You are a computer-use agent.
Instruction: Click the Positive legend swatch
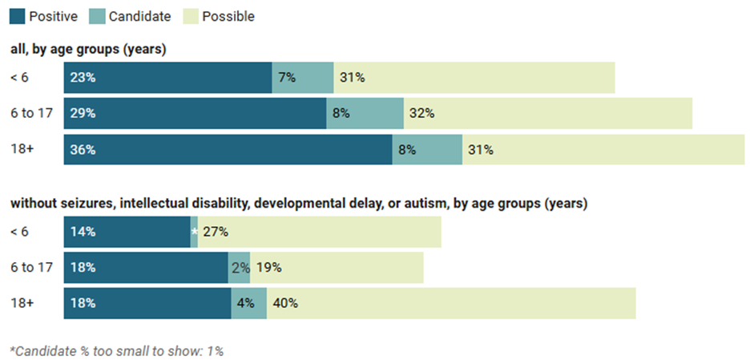[x=18, y=16]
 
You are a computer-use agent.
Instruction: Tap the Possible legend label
[x=228, y=16]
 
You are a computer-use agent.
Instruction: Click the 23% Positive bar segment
[x=167, y=78]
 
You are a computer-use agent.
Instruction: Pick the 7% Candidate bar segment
[x=303, y=78]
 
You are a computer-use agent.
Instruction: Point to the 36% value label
[x=83, y=150]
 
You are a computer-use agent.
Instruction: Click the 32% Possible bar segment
[x=548, y=114]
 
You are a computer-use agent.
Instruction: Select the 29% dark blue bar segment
[x=195, y=114]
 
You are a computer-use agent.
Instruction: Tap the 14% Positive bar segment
[x=127, y=232]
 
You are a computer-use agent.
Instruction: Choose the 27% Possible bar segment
[x=319, y=232]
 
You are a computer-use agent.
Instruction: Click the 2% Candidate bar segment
[x=240, y=268]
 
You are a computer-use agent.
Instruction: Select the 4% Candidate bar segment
[x=248, y=303]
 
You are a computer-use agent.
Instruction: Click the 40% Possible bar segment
[x=451, y=303]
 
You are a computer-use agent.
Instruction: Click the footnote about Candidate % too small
[x=116, y=350]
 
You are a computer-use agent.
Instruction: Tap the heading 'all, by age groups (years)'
[x=88, y=50]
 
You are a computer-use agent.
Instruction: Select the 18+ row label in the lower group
[x=25, y=303]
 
